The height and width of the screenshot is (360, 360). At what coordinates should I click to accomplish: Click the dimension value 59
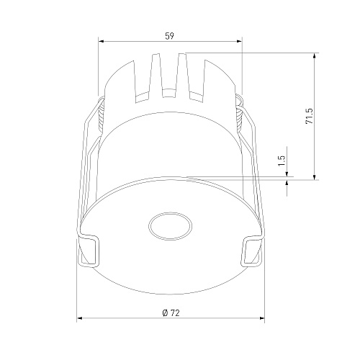tap(169, 36)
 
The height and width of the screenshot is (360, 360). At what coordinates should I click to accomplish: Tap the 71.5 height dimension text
tap(309, 116)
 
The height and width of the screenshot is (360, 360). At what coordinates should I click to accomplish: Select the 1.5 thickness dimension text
tap(282, 161)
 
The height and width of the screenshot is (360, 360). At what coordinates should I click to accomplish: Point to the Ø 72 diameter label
tap(171, 313)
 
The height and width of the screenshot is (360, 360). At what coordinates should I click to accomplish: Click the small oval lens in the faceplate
tap(170, 226)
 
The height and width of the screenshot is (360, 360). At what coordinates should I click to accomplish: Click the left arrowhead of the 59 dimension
tap(101, 41)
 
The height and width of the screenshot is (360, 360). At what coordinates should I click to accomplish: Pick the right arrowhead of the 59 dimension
tap(239, 41)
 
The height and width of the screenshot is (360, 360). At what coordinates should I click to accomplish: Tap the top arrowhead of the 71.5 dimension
tap(315, 55)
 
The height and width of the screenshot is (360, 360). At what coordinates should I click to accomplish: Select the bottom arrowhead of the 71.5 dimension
tap(315, 177)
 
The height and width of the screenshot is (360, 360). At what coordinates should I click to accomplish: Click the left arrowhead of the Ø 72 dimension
tap(79, 318)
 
